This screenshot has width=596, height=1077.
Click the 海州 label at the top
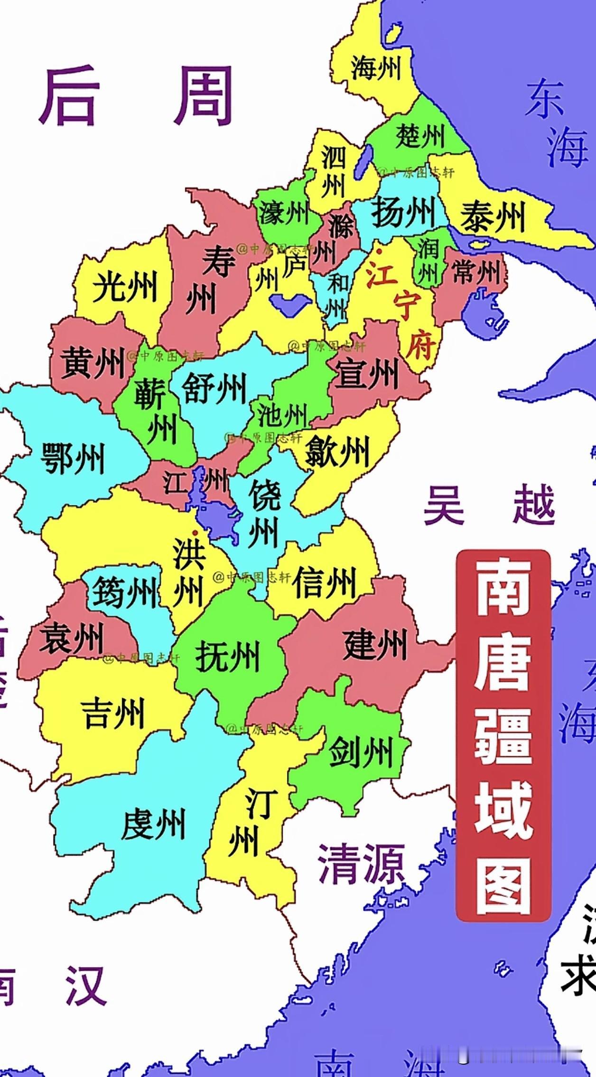pyautogui.click(x=375, y=68)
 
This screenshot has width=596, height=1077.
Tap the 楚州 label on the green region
pyautogui.click(x=420, y=136)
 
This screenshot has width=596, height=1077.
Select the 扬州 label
pyautogui.click(x=403, y=212)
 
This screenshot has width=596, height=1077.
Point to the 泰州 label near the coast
pyautogui.click(x=493, y=216)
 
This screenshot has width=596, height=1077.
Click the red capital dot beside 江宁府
pyautogui.click(x=379, y=251)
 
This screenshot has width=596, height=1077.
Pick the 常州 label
pyautogui.click(x=476, y=272)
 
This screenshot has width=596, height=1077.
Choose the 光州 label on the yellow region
pyautogui.click(x=124, y=287)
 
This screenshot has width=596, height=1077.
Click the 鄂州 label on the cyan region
pyautogui.click(x=72, y=458)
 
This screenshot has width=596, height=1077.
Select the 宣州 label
pyautogui.click(x=367, y=373)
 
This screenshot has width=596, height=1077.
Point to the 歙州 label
pyautogui.click(x=336, y=451)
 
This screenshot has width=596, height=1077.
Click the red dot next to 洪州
pyautogui.click(x=195, y=533)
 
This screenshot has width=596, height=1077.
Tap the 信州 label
pyautogui.click(x=324, y=582)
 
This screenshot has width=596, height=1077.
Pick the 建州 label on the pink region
pyautogui.click(x=375, y=644)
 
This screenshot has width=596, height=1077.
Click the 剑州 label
pyautogui.click(x=361, y=751)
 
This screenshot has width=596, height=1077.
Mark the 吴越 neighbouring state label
pyautogui.click(x=489, y=505)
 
